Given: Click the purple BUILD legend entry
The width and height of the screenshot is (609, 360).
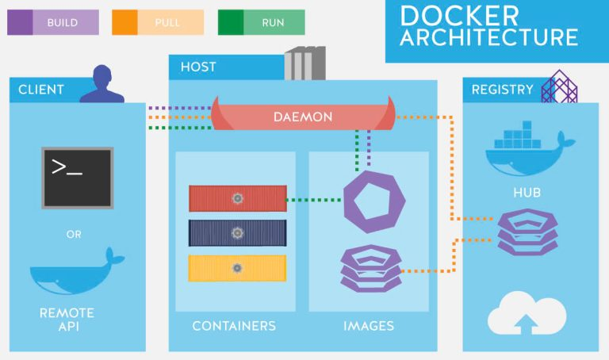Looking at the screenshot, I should [53, 22].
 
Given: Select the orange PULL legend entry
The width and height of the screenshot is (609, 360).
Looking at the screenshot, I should [158, 22].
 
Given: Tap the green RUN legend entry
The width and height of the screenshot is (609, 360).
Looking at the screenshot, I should [261, 22].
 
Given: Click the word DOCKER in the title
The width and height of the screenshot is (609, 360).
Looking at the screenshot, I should [460, 15].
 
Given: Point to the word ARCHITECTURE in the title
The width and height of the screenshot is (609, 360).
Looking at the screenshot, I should [488, 37].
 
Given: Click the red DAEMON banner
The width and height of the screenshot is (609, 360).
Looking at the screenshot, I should [302, 117].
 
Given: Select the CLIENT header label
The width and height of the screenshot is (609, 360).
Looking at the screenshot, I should [42, 90].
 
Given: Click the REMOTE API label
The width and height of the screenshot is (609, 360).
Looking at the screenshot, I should [67, 320].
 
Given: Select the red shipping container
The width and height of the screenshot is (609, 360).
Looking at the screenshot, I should [237, 198].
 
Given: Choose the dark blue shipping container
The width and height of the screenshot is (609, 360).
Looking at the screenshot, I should [237, 233].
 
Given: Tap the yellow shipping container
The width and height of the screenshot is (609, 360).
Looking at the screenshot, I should [237, 268].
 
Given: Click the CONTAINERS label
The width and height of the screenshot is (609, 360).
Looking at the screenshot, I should [234, 326].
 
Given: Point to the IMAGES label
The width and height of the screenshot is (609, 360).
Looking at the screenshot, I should [368, 326].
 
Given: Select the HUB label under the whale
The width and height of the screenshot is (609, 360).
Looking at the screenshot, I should [527, 193].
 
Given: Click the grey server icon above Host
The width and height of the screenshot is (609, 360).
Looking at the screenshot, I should [304, 63].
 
